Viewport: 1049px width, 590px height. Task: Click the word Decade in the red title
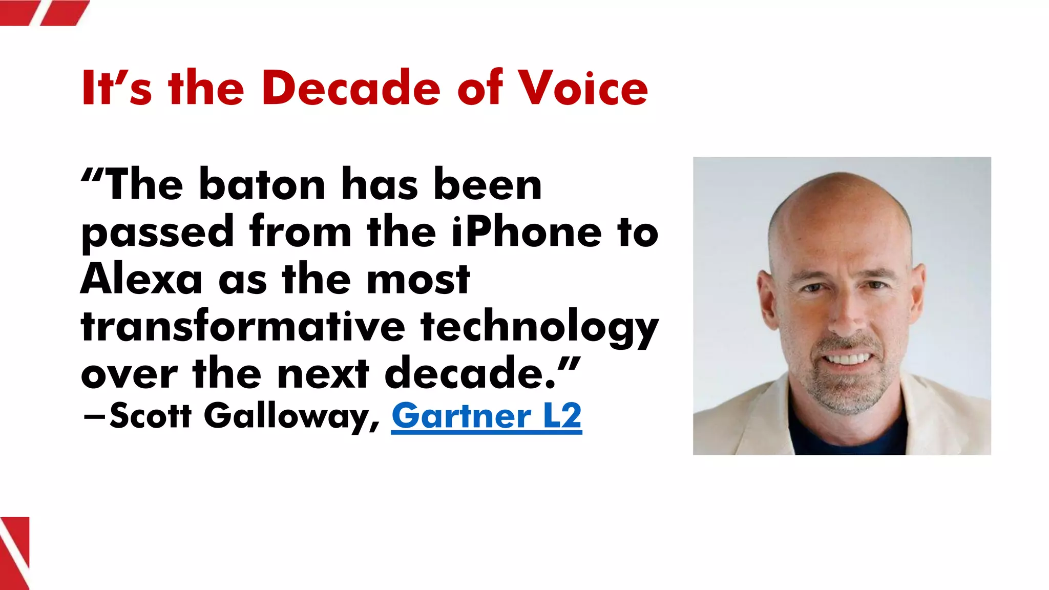click(x=351, y=88)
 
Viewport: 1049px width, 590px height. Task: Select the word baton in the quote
click(x=262, y=185)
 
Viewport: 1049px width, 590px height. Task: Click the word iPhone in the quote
click(x=527, y=232)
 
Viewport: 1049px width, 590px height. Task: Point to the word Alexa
click(x=141, y=280)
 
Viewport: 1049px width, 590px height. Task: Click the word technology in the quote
click(x=539, y=328)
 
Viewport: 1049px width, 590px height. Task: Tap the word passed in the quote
click(x=158, y=233)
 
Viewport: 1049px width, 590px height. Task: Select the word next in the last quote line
click(x=323, y=373)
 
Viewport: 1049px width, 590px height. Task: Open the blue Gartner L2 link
click(x=487, y=415)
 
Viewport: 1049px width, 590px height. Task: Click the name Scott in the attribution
click(x=150, y=415)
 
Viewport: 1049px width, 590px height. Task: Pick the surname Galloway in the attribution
click(x=291, y=416)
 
